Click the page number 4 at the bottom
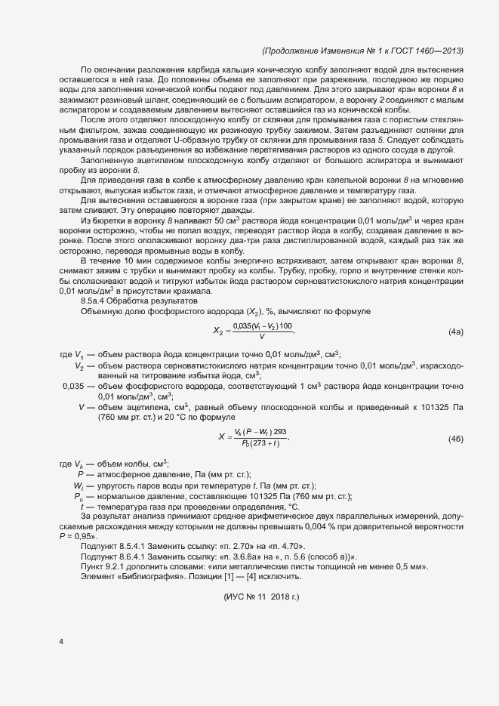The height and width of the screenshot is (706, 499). click(61, 642)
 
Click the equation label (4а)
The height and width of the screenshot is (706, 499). click(455, 310)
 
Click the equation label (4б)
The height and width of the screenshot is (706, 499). click(455, 439)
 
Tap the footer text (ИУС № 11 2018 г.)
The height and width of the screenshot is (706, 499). click(262, 576)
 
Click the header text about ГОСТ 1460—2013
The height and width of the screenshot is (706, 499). click(362, 51)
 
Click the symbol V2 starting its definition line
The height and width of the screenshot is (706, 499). click(79, 344)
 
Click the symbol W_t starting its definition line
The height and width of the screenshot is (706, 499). click(78, 485)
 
